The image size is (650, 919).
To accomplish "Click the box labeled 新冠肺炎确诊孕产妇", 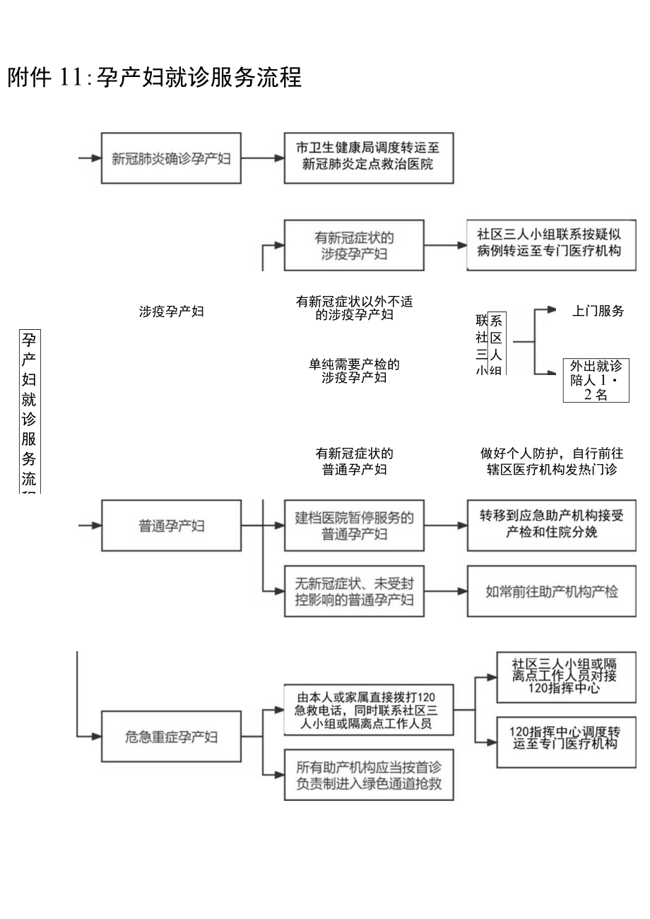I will (x=171, y=158).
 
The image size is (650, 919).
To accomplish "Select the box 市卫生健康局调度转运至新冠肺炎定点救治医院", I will (x=368, y=157).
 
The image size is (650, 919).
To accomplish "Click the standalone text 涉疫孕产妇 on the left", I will (x=172, y=312).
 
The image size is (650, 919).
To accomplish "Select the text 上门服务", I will (x=598, y=311).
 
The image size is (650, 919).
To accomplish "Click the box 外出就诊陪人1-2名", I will (x=596, y=380).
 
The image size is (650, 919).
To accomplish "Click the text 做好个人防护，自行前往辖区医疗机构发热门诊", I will (x=552, y=461).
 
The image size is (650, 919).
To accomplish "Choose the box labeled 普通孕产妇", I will (x=171, y=526).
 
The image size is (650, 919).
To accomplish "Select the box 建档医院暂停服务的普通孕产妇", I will (x=355, y=526).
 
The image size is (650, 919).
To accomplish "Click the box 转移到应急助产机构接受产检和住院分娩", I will (x=551, y=524).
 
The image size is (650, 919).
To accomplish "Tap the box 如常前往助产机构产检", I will (x=551, y=592).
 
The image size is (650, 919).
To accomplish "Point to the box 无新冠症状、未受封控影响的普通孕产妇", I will (x=355, y=592).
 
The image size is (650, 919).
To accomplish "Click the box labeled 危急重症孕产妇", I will (x=171, y=737).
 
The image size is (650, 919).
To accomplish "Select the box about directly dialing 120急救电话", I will (x=368, y=709).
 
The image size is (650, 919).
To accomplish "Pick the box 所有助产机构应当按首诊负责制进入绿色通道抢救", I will (x=368, y=774).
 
